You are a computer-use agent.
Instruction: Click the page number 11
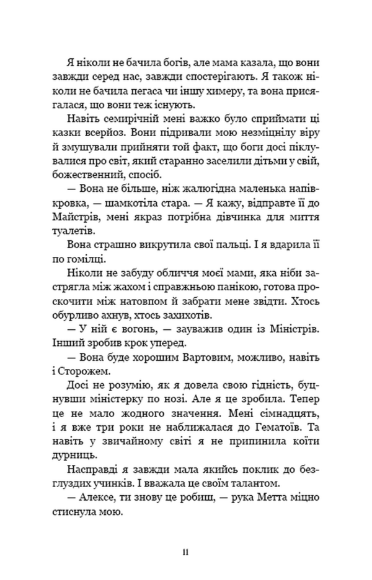point(186,553)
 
